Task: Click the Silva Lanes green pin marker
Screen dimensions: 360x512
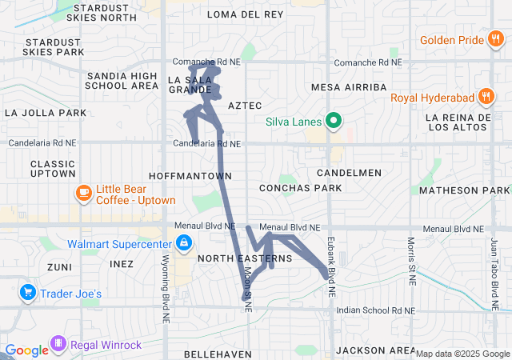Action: click(x=333, y=122)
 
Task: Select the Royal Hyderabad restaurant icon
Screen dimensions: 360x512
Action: click(x=485, y=98)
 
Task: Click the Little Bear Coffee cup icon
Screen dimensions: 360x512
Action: click(x=83, y=193)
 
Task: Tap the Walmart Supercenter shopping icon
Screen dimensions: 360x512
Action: click(x=184, y=242)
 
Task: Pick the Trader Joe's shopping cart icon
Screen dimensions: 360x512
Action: click(x=29, y=293)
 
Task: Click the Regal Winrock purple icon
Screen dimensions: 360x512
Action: click(x=58, y=345)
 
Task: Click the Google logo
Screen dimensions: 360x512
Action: click(x=26, y=350)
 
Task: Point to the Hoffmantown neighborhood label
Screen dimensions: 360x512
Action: click(x=190, y=175)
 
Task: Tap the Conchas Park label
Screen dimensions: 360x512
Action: click(x=300, y=188)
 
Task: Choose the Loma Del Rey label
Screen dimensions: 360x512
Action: click(x=245, y=14)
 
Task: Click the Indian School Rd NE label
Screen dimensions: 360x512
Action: click(x=376, y=310)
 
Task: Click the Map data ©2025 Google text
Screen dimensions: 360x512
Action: click(x=462, y=354)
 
